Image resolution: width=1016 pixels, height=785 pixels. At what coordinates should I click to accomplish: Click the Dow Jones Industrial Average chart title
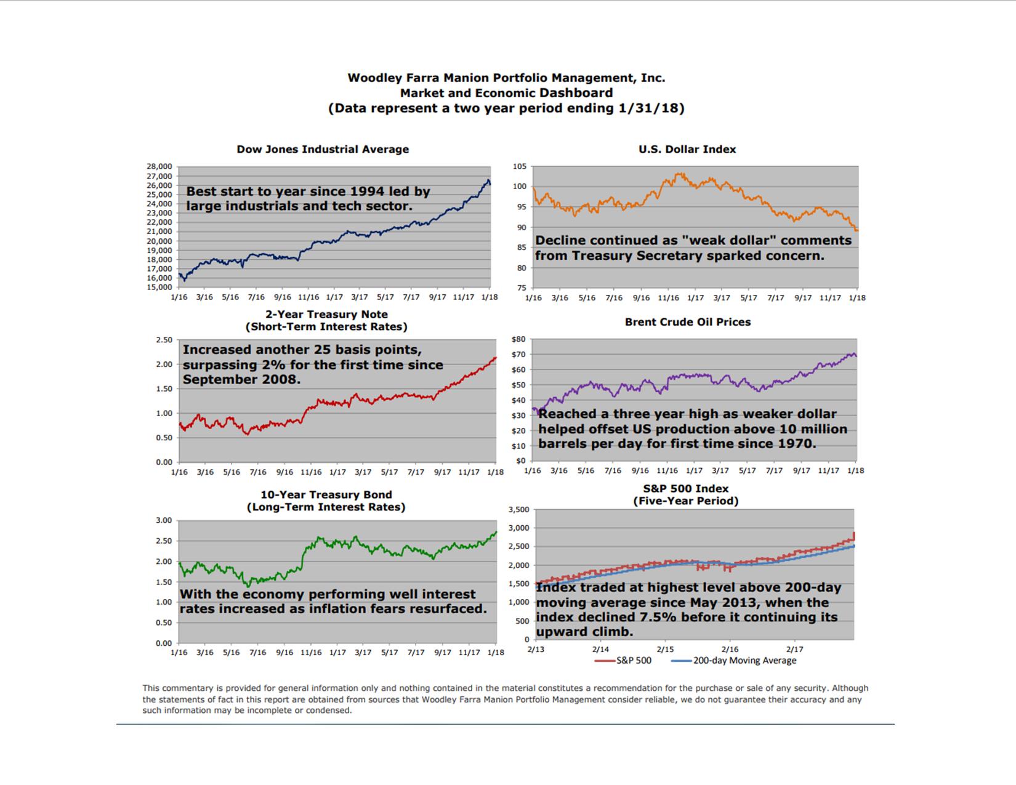323,150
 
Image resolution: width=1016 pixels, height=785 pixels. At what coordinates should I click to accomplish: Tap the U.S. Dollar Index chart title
687,150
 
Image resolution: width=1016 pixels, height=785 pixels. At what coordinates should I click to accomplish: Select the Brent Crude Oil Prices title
688,322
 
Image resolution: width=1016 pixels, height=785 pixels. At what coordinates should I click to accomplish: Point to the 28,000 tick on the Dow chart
159,166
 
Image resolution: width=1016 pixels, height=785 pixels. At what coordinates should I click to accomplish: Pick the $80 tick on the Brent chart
518,339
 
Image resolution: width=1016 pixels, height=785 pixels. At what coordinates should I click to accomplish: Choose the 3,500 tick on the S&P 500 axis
519,510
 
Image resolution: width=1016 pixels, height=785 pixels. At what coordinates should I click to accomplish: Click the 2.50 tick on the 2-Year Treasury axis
164,340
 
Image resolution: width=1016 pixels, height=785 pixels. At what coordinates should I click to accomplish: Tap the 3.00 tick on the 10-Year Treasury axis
164,520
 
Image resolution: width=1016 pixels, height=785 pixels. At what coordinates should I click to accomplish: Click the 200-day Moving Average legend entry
744,661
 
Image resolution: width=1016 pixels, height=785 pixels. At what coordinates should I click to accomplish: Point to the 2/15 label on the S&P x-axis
665,650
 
